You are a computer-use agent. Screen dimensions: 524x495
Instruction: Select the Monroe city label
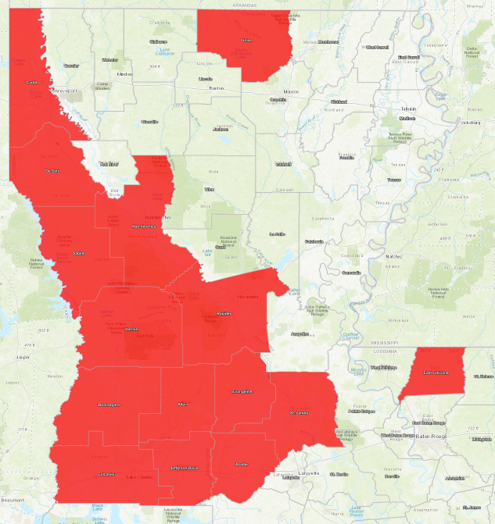291,91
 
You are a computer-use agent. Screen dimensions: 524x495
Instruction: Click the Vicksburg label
471,123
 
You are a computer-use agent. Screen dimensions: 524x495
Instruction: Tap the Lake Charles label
140,477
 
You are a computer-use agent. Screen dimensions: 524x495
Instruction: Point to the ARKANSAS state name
244,4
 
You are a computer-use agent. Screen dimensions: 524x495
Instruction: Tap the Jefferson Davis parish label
184,468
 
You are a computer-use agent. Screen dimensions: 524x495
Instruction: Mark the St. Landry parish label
300,412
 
